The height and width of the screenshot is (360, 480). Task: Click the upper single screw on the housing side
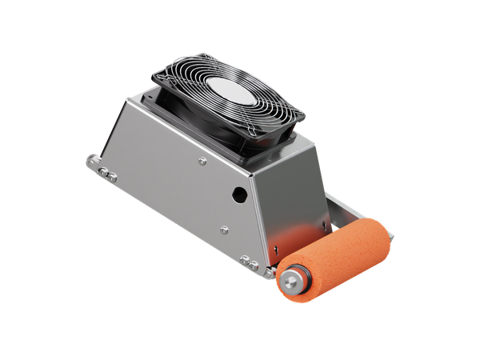coord(202,162)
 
